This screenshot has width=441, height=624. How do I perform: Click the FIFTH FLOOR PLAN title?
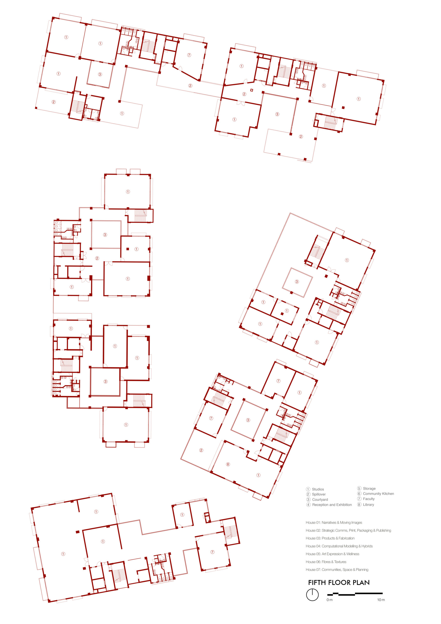[339, 582]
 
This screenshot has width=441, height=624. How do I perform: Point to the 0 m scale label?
[330, 600]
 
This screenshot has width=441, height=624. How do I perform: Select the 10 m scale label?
[381, 600]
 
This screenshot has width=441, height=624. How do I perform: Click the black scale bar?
[355, 594]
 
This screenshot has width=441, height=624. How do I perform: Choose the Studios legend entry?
[315, 489]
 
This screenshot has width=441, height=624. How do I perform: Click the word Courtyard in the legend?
[320, 499]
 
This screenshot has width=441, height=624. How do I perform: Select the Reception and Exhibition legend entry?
[329, 505]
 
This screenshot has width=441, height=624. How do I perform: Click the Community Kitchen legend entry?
[375, 494]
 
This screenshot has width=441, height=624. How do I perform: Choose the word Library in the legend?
[368, 504]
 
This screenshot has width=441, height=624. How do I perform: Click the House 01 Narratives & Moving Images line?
[334, 522]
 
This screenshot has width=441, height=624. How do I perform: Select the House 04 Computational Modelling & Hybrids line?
[339, 546]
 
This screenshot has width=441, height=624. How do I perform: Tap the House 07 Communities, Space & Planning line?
[337, 570]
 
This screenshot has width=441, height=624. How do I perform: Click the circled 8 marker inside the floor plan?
[228, 464]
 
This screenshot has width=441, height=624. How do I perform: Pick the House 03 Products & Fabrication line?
[330, 538]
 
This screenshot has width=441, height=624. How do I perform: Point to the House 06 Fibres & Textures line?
[326, 562]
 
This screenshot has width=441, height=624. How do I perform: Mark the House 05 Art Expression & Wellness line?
[332, 554]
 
